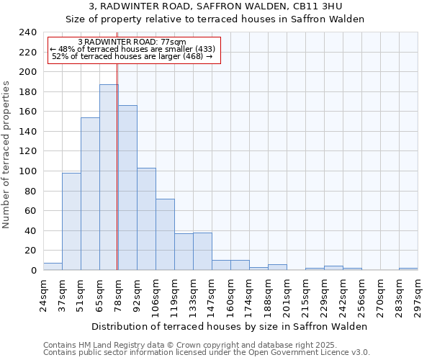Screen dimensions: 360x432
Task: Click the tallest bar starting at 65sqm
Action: tap(109, 177)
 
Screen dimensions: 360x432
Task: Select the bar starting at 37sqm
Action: tap(71, 222)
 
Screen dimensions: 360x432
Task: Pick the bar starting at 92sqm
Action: tap(146, 219)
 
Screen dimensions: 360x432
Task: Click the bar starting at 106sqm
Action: tap(165, 234)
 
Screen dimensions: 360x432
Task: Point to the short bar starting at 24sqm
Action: tap(53, 266)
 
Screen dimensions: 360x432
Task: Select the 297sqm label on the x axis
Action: tap(418, 295)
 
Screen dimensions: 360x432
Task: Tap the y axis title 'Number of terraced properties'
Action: tap(6, 154)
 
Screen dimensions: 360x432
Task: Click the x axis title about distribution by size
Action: tap(230, 326)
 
